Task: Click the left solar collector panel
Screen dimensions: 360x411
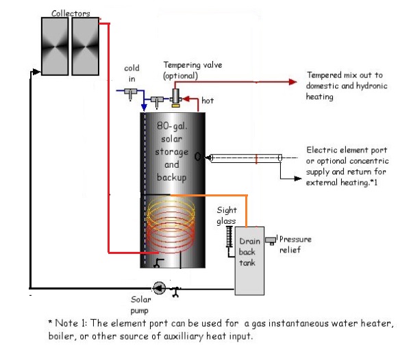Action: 54,46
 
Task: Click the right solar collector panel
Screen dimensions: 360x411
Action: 86,46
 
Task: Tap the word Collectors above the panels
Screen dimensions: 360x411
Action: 71,12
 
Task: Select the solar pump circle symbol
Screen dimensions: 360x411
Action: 159,288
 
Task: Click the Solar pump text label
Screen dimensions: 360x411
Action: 141,304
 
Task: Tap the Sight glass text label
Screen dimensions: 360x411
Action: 227,216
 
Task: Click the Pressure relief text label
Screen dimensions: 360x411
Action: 295,244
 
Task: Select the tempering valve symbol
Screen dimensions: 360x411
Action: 175,97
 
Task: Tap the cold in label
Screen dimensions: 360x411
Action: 132,73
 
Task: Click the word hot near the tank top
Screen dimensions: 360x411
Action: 208,101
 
